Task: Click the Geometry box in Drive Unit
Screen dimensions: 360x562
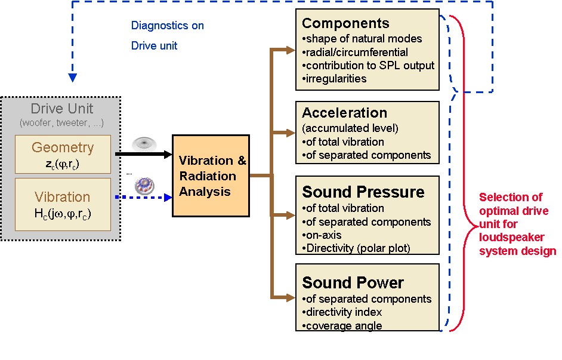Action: (63, 154)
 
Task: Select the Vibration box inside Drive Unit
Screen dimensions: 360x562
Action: (63, 204)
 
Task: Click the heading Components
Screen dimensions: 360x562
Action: (345, 24)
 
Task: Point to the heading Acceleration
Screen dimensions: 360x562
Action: (344, 113)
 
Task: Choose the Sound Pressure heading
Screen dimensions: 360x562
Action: (363, 192)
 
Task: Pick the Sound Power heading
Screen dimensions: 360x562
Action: (353, 282)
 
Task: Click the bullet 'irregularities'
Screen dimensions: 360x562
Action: (335, 78)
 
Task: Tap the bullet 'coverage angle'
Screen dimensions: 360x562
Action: (342, 325)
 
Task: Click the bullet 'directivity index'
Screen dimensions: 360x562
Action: (342, 312)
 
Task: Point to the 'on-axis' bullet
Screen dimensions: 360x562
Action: (322, 235)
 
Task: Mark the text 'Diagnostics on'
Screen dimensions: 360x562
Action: (168, 26)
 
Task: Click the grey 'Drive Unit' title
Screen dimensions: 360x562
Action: (62, 110)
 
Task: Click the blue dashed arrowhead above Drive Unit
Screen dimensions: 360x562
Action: (73, 77)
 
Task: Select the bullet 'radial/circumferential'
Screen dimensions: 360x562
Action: (356, 52)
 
